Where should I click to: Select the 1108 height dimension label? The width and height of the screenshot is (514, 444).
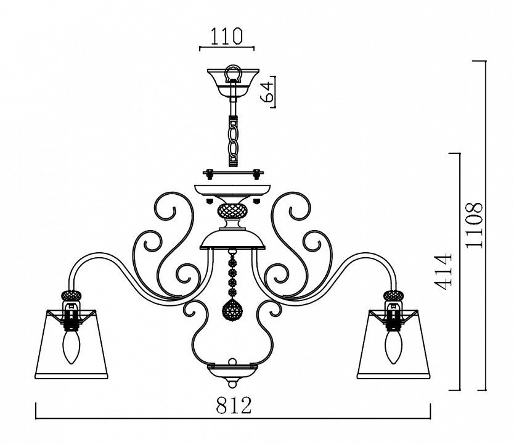tap(475, 225)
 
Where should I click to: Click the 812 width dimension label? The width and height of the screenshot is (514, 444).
tap(234, 405)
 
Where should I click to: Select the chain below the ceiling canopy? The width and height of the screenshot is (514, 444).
tap(233, 141)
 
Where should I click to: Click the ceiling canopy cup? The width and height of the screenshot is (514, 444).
tap(233, 83)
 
